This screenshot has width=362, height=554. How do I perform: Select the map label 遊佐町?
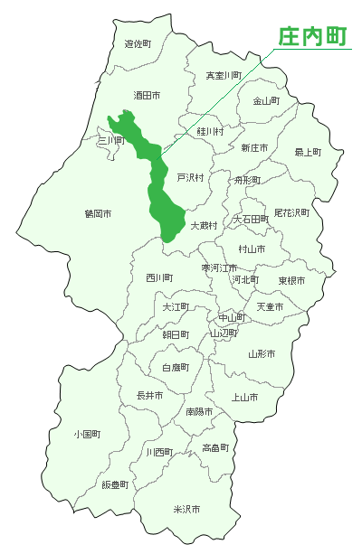pyautogui.click(x=138, y=43)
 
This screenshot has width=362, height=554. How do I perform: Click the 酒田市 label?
pyautogui.click(x=147, y=95)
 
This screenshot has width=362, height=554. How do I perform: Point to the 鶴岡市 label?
pyautogui.click(x=98, y=214)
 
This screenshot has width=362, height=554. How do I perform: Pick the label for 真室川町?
pyautogui.click(x=223, y=76)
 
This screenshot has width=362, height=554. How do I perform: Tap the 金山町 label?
pyautogui.click(x=266, y=101)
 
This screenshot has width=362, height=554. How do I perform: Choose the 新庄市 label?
pyautogui.click(x=254, y=147)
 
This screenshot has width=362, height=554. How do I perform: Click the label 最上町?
pyautogui.click(x=308, y=152)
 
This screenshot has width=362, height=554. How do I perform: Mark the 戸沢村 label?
pyautogui.click(x=190, y=177)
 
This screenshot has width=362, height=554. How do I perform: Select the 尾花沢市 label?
pyautogui.click(x=291, y=213)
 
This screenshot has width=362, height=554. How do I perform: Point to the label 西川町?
pyautogui.click(x=159, y=277)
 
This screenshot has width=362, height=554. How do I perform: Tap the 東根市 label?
pyautogui.click(x=291, y=281)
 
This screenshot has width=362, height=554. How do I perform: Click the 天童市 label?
pyautogui.click(x=270, y=307)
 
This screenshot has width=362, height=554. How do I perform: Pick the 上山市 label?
pyautogui.click(x=245, y=397)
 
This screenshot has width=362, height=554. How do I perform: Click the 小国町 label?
pyautogui.click(x=87, y=435)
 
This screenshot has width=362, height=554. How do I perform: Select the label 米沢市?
pyautogui.click(x=186, y=510)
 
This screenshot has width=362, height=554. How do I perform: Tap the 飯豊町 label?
pyautogui.click(x=115, y=484)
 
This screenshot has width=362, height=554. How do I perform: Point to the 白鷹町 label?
pyautogui.click(x=176, y=368)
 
